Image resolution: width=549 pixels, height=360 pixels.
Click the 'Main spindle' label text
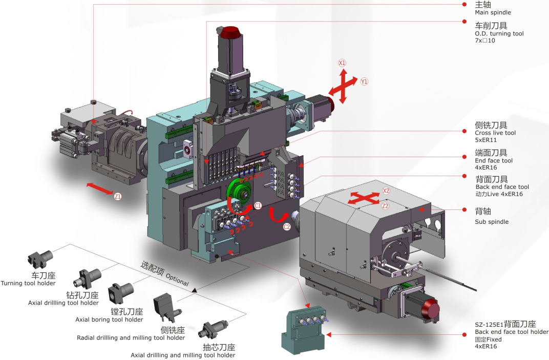pyautogui.click(x=493, y=12)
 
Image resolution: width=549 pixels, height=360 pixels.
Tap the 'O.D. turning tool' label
pyautogui.click(x=499, y=33)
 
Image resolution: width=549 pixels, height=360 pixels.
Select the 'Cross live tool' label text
pyautogui.click(x=495, y=133)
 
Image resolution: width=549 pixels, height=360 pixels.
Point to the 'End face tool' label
pyautogui.click(x=494, y=160)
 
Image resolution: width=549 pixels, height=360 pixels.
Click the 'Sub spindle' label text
pyautogui.click(x=492, y=222)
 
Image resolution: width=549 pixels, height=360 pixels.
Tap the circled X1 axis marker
pyautogui.click(x=342, y=63)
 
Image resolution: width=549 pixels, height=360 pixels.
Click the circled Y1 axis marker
pyautogui.click(x=364, y=81)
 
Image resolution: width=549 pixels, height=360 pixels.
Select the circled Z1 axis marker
pyautogui.click(x=117, y=196)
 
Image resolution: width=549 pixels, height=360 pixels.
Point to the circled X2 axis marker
pyautogui.click(x=386, y=190)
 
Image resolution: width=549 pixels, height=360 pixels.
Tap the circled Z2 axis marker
pyautogui.click(x=386, y=206)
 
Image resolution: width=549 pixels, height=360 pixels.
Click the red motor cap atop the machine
pyautogui.click(x=232, y=32)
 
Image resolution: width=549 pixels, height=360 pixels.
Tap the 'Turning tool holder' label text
pyautogui.click(x=28, y=283)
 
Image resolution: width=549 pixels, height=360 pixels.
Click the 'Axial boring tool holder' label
pyautogui.click(x=109, y=320)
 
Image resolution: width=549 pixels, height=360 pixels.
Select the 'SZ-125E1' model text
pyautogui.click(x=489, y=324)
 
